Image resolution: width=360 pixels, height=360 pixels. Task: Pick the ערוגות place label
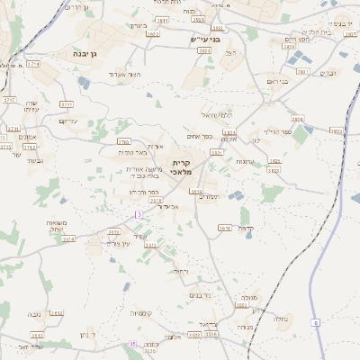245,161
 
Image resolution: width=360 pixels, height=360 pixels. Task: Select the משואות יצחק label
54,227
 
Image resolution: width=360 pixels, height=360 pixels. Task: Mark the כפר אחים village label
201,136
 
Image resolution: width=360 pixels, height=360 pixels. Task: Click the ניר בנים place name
200,293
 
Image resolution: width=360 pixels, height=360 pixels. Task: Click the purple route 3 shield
139,214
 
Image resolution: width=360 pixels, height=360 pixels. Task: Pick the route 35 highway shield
133,345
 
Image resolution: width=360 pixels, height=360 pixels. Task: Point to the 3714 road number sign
33,64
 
